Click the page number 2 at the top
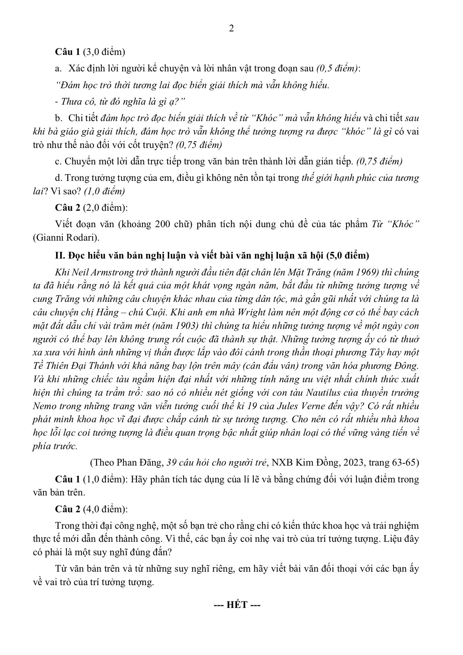(231, 28)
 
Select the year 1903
(186, 325)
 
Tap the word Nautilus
(325, 392)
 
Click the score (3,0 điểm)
(104, 52)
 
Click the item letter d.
(58, 178)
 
